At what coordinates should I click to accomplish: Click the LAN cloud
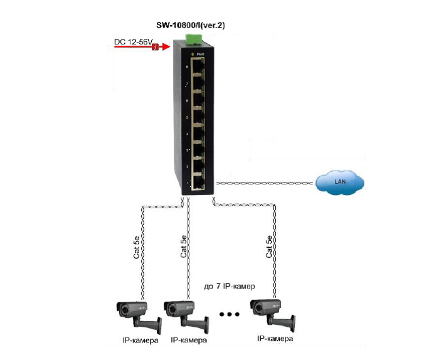point(340,183)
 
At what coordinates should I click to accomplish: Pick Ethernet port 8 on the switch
point(198,67)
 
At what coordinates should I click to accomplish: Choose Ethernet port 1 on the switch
point(198,183)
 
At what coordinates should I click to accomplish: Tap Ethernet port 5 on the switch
point(198,117)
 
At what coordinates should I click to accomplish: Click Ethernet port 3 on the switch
point(198,150)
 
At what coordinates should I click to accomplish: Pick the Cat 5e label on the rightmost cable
point(269,246)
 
